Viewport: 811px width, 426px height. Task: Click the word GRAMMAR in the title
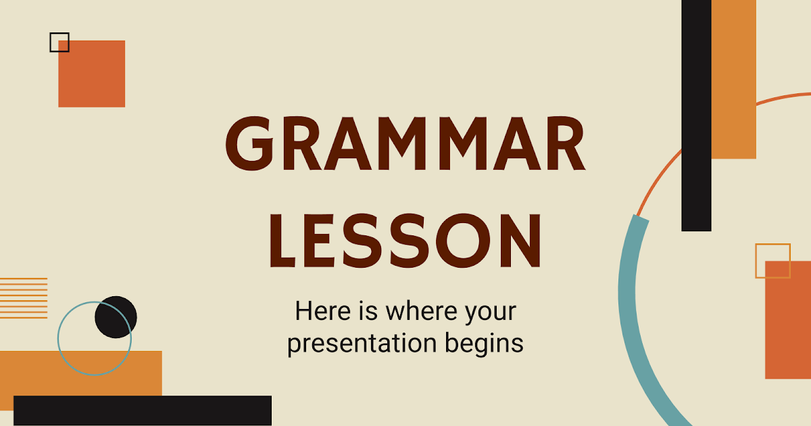click(x=405, y=144)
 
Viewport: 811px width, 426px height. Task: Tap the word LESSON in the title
click(x=405, y=241)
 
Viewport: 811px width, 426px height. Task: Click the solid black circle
click(x=116, y=316)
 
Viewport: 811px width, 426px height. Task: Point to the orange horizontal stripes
click(x=24, y=298)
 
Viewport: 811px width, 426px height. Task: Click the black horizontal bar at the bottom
click(x=142, y=410)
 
